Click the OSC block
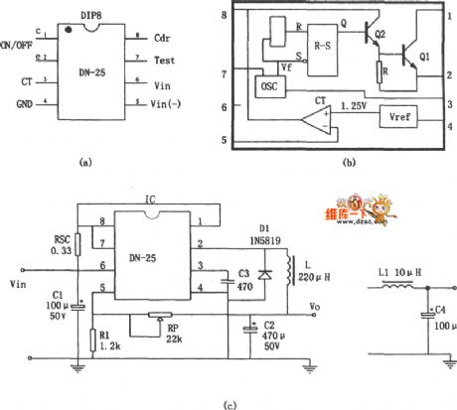271,85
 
